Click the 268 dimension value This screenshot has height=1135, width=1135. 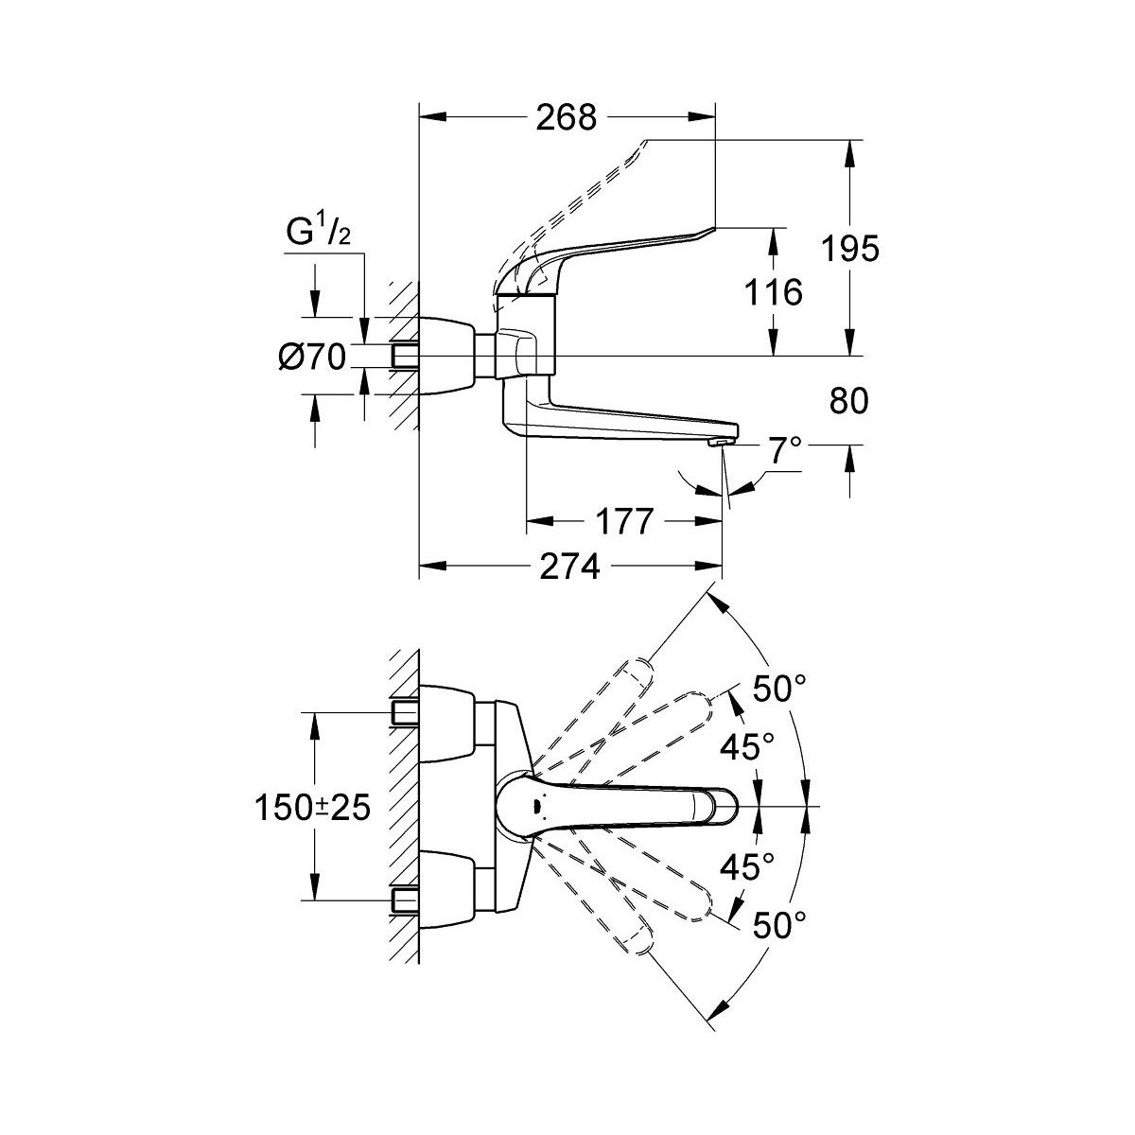[567, 118]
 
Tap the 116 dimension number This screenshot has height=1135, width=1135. [774, 292]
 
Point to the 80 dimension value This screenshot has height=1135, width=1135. [848, 402]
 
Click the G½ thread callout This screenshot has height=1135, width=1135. [319, 233]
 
